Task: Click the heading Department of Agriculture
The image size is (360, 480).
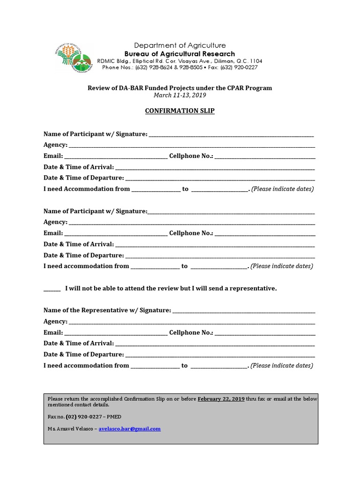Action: pyautogui.click(x=180, y=45)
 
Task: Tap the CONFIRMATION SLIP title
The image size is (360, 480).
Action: pyautogui.click(x=180, y=112)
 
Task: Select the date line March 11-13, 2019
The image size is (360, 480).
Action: pyautogui.click(x=180, y=95)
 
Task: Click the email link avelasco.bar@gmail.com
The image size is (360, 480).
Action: pyautogui.click(x=130, y=428)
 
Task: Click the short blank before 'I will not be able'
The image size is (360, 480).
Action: pyautogui.click(x=52, y=289)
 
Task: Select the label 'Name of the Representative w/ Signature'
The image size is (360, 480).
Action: pyautogui.click(x=107, y=310)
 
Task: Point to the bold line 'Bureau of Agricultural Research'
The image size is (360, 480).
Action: pyautogui.click(x=180, y=54)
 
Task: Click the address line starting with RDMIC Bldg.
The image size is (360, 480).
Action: pyautogui.click(x=180, y=61)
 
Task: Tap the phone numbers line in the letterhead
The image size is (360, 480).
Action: pyautogui.click(x=180, y=67)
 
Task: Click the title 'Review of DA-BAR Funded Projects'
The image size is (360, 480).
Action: pyautogui.click(x=180, y=88)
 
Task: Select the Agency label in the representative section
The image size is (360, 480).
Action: pyautogui.click(x=55, y=322)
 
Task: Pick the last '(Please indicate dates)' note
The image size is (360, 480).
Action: pyautogui.click(x=282, y=366)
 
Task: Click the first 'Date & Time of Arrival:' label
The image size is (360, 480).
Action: pyautogui.click(x=78, y=167)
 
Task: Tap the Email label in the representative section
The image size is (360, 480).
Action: pyautogui.click(x=53, y=332)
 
